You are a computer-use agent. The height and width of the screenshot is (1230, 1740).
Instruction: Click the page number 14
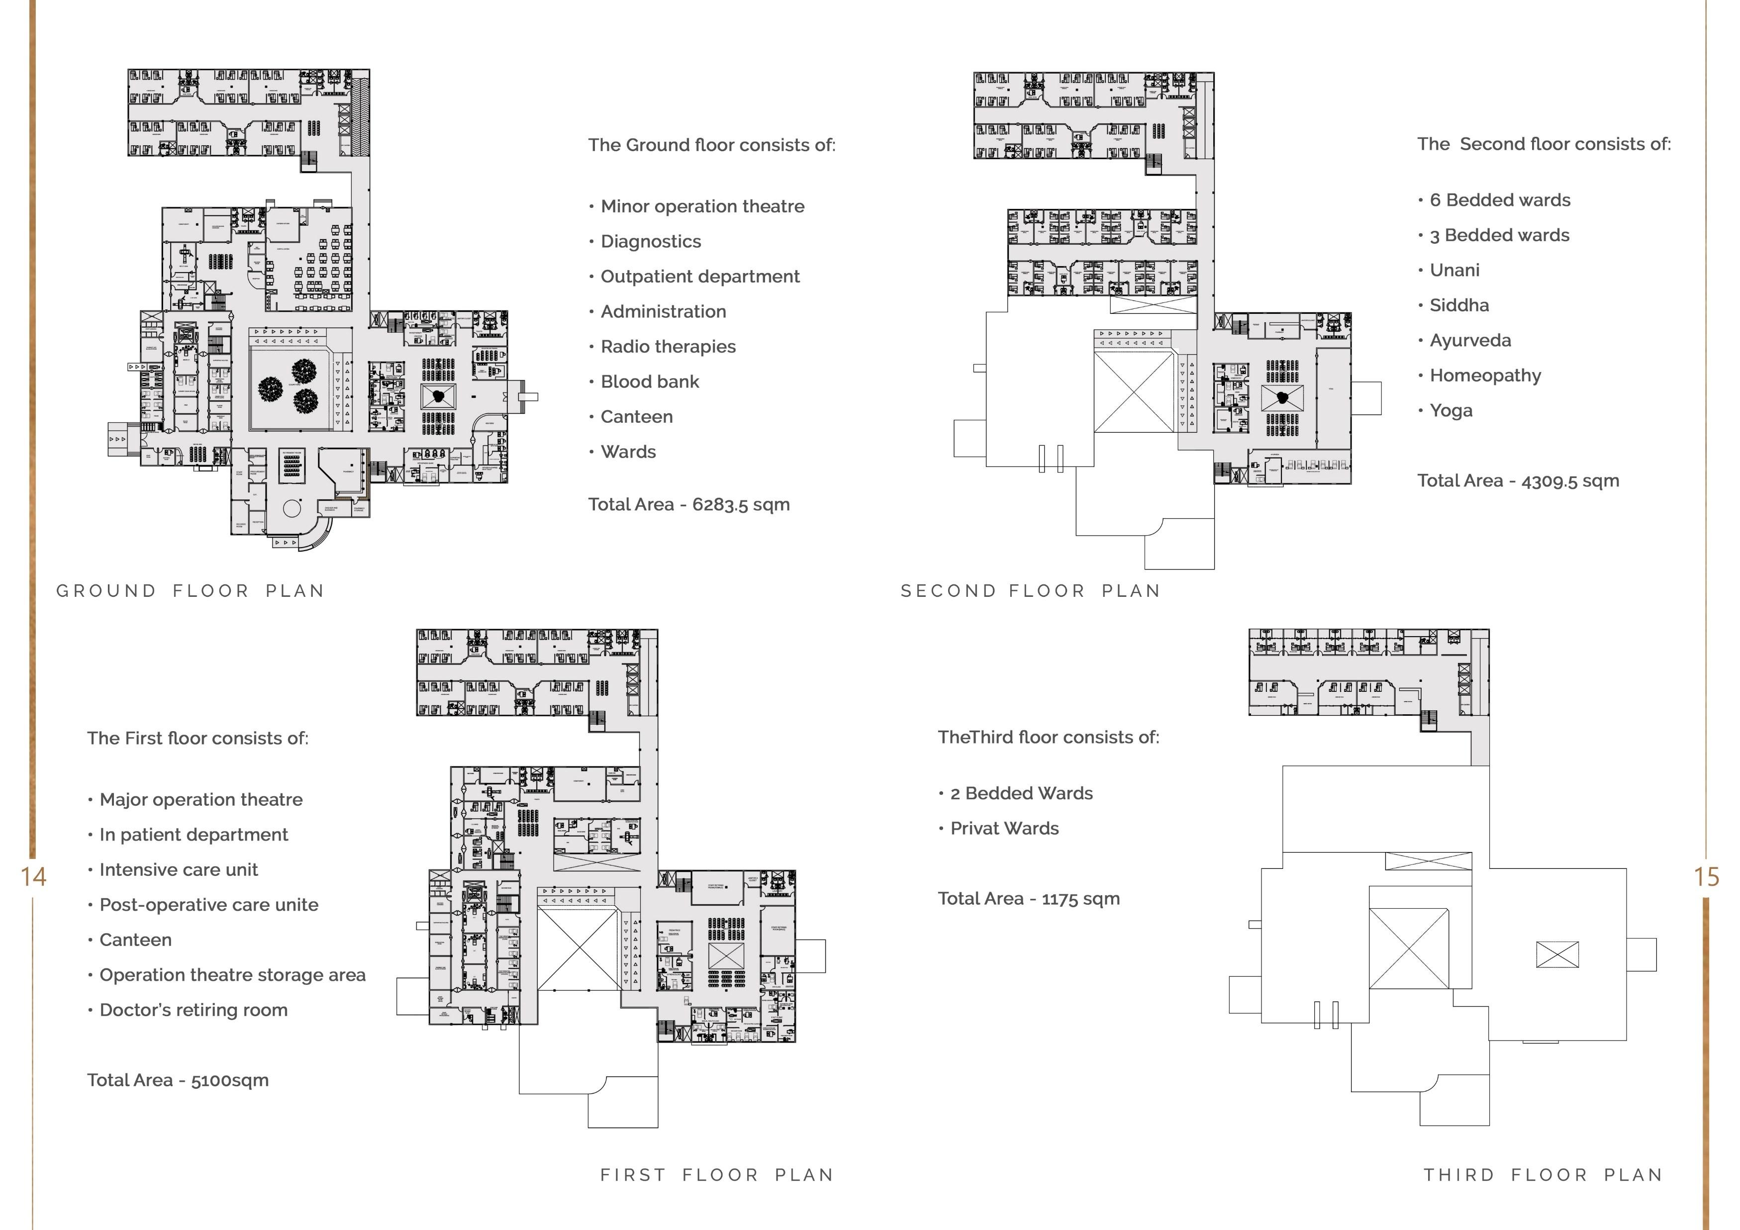[x=33, y=877]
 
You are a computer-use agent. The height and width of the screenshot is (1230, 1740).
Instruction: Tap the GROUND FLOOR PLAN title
[x=190, y=591]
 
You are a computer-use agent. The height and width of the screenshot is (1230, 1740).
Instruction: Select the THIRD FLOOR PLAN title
[x=1543, y=1175]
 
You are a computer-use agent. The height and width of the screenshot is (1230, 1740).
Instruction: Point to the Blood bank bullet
[x=650, y=382]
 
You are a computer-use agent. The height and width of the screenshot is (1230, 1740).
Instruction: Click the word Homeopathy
[x=1485, y=376]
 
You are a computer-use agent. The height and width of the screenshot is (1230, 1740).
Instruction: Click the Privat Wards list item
[x=1004, y=828]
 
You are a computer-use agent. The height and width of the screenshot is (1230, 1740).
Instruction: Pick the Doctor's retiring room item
[x=193, y=1010]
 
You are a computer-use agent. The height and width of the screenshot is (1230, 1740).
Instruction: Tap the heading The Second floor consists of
[x=1544, y=145]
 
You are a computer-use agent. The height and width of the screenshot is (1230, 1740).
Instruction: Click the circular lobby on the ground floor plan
[x=292, y=508]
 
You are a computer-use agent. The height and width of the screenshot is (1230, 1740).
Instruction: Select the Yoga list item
[x=1450, y=411]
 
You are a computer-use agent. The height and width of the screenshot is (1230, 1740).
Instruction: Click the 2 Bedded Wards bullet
[x=1021, y=793]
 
